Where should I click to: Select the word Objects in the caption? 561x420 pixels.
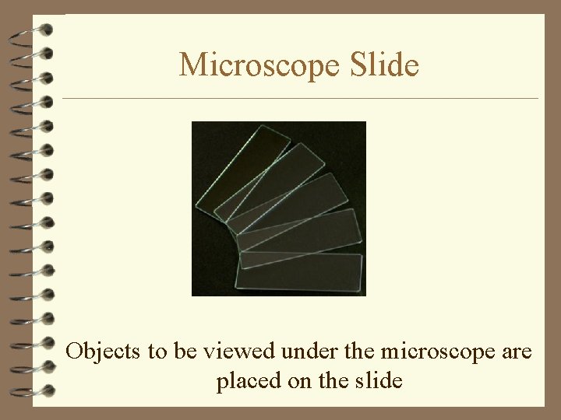coord(104,352)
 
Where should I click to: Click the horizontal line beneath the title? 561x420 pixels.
coord(300,99)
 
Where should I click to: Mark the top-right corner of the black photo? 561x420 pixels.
coord(365,123)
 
